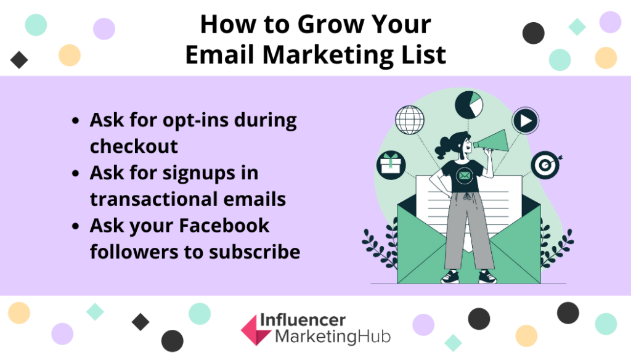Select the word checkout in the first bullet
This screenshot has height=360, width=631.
[x=134, y=146]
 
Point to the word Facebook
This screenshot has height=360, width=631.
[x=224, y=226]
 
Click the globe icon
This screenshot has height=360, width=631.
[x=410, y=120]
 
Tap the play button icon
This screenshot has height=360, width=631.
[x=525, y=121]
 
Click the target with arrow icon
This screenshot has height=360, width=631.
[x=545, y=165]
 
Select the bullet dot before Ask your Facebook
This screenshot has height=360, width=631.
[x=76, y=226]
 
